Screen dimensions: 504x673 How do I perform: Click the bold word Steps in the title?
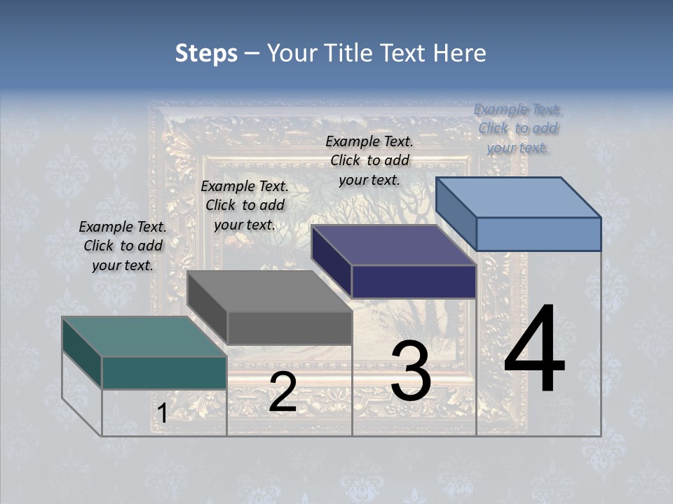[x=206, y=53]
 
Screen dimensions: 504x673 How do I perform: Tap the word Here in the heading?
[x=460, y=53]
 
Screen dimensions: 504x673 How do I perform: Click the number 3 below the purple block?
[x=410, y=371]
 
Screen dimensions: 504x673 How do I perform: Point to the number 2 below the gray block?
[x=283, y=392]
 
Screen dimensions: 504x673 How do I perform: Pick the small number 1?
[x=162, y=414]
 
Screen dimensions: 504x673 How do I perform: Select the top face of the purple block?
[x=393, y=245]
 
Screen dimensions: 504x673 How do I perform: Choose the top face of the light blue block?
[x=518, y=197]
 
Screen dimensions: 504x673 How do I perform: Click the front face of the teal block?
[x=164, y=372]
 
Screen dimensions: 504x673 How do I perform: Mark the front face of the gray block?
[x=290, y=328]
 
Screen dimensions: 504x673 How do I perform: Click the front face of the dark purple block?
[x=414, y=281]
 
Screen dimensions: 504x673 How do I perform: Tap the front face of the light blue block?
[x=538, y=234]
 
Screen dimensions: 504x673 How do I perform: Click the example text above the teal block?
[x=123, y=246]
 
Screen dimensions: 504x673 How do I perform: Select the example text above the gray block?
[x=245, y=205]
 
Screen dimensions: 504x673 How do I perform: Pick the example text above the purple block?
[x=369, y=160]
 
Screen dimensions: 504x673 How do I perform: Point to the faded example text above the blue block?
[x=517, y=128]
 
